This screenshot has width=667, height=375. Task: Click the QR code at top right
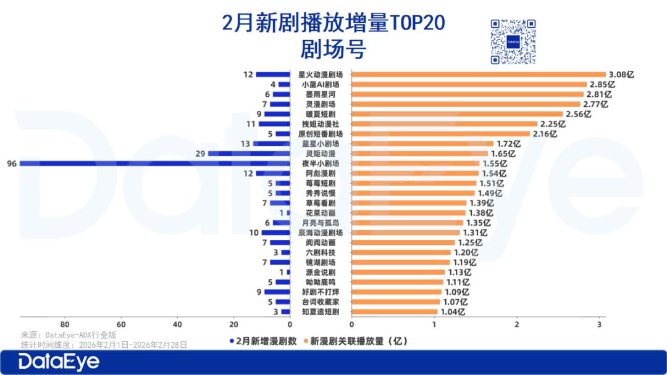[513, 41]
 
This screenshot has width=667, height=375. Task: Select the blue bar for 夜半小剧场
[154, 163]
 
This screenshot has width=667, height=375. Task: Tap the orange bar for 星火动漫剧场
[479, 74]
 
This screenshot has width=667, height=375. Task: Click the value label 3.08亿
[621, 74]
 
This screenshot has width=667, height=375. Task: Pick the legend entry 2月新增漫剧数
[263, 340]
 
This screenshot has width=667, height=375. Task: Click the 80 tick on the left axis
[64, 325]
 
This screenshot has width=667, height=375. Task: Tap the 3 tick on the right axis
[599, 325]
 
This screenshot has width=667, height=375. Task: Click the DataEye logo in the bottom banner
[59, 362]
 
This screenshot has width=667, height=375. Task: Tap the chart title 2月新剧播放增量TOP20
[333, 23]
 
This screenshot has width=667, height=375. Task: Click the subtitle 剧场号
[333, 48]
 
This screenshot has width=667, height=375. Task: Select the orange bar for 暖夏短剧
[457, 114]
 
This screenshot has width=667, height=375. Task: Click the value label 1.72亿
[509, 144]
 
